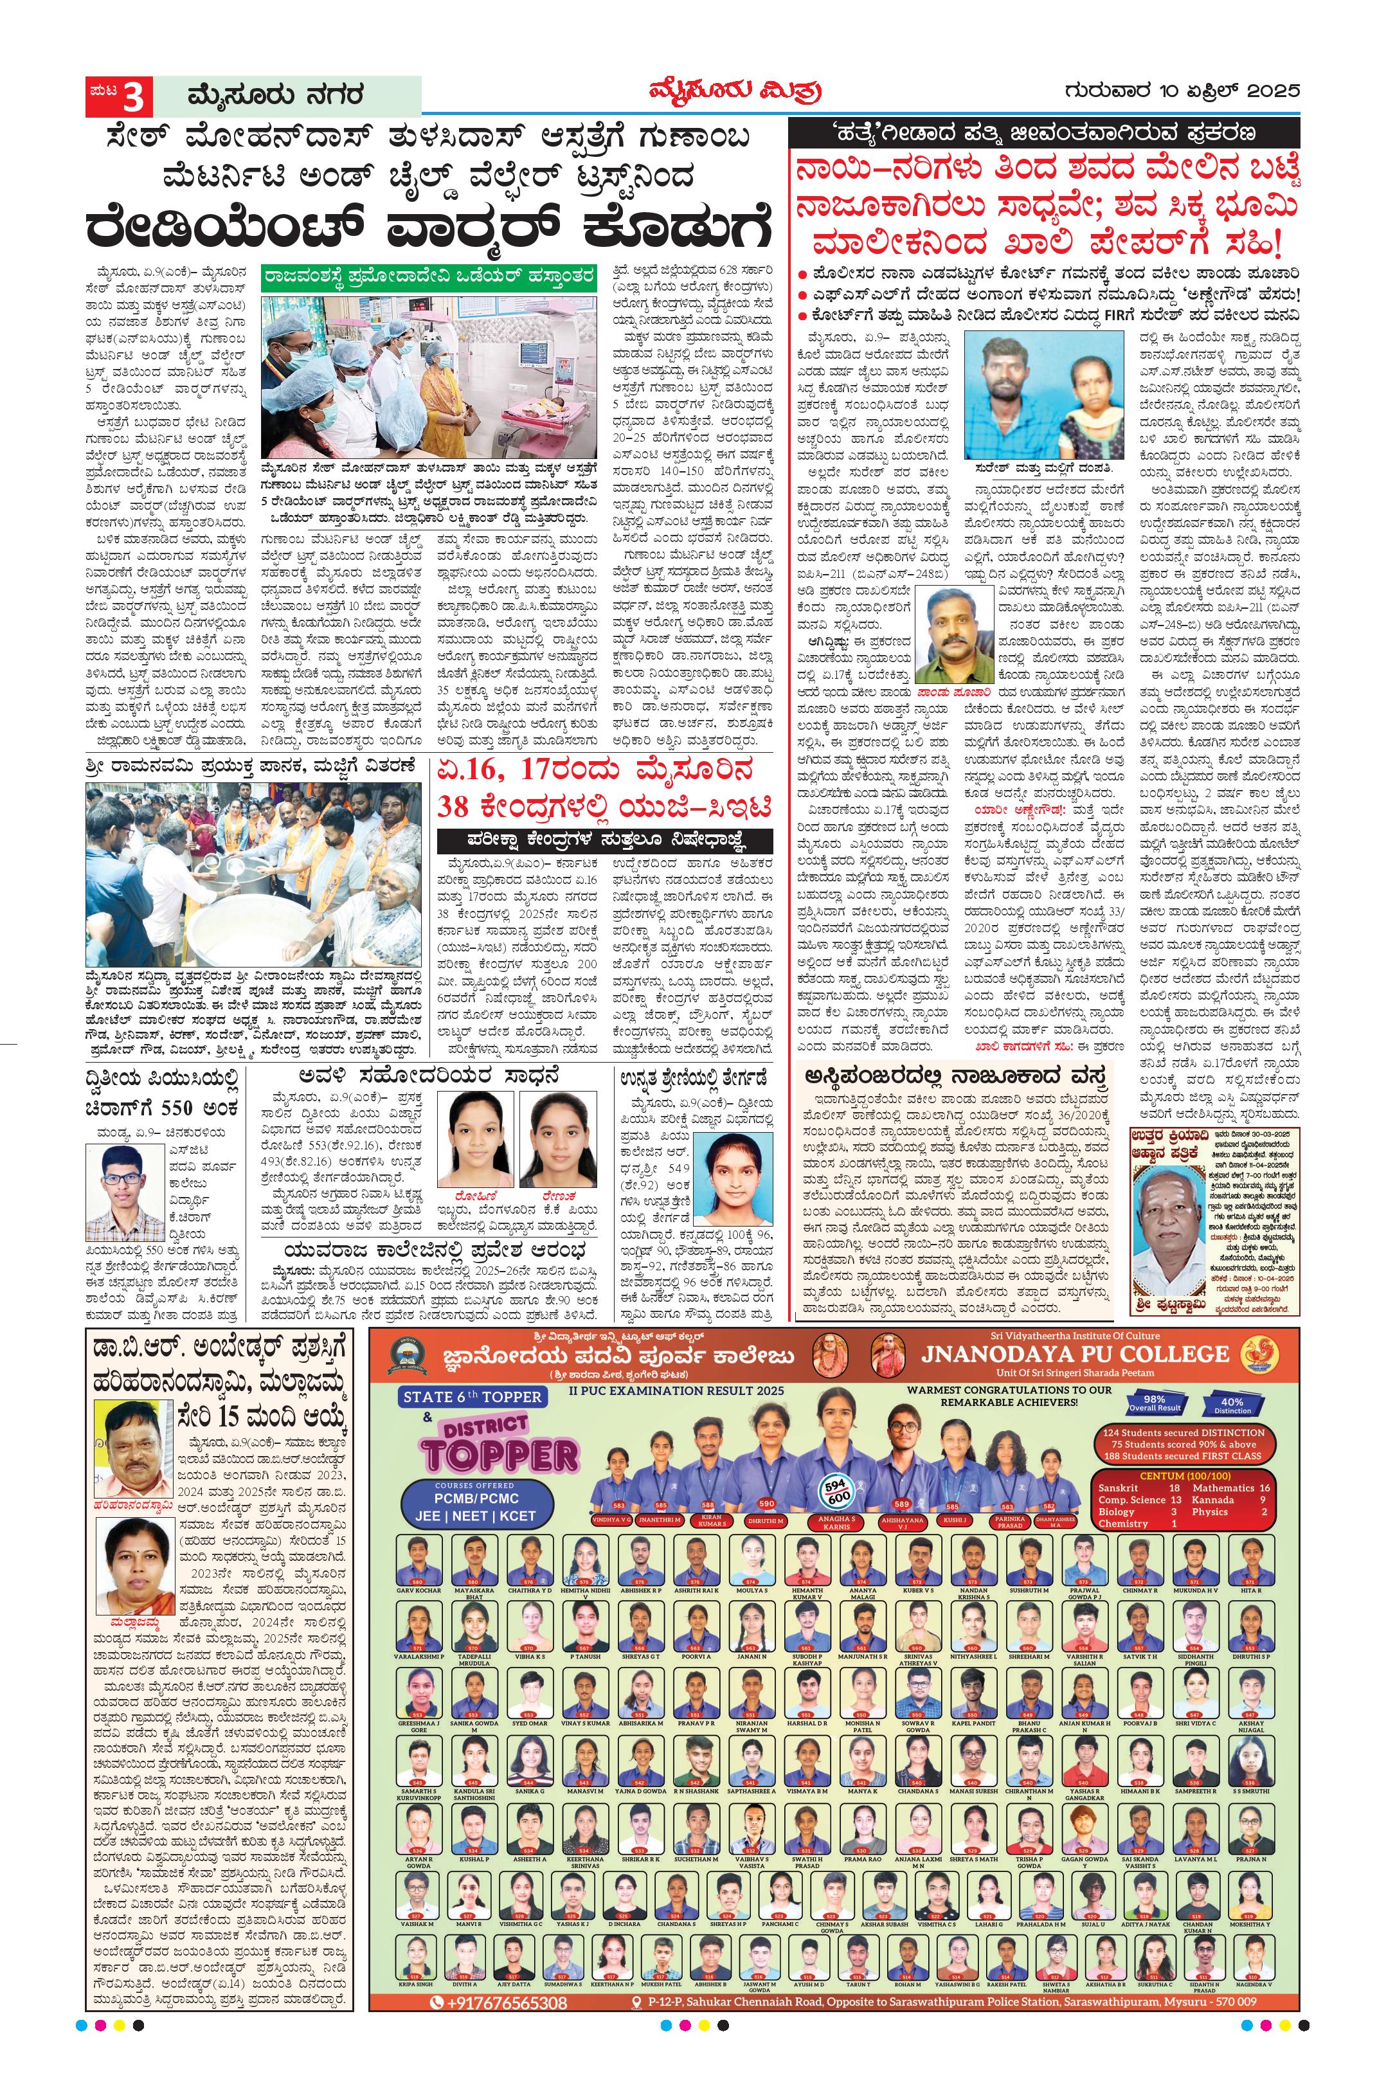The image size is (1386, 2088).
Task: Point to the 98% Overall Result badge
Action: (1155, 1403)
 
